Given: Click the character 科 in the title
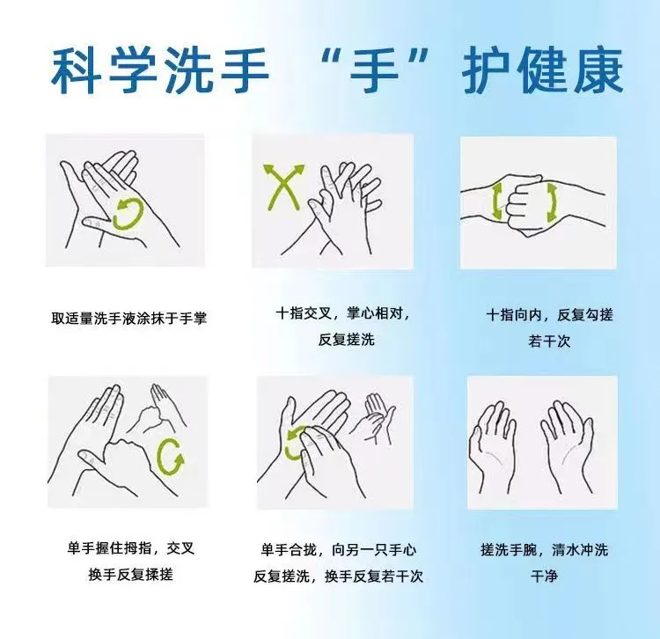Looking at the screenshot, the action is (x=77, y=70).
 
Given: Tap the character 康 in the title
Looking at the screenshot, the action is (x=598, y=70).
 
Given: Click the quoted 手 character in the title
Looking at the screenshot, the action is (x=374, y=70).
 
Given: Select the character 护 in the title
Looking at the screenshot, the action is (x=489, y=70).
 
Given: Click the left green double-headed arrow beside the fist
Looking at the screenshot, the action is (x=497, y=203).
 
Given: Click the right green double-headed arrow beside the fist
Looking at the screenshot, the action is (x=552, y=203).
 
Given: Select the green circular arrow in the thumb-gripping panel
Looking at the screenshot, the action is (x=170, y=456).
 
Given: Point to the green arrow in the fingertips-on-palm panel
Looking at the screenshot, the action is (x=296, y=443).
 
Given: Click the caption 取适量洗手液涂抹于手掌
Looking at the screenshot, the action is (x=129, y=318).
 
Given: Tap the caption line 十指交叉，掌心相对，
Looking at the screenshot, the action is (x=343, y=314).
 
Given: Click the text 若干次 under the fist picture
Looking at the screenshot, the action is (x=549, y=341).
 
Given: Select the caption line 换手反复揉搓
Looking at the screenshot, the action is (x=130, y=574).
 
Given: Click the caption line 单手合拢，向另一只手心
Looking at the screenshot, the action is (x=339, y=550).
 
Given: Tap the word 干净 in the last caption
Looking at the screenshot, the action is (x=544, y=576).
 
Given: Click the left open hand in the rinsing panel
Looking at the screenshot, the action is (x=494, y=447).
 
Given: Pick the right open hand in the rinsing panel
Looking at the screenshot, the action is (x=568, y=447).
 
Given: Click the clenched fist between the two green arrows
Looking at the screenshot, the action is (x=525, y=205).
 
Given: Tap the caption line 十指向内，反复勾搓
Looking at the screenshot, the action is (x=549, y=315).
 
